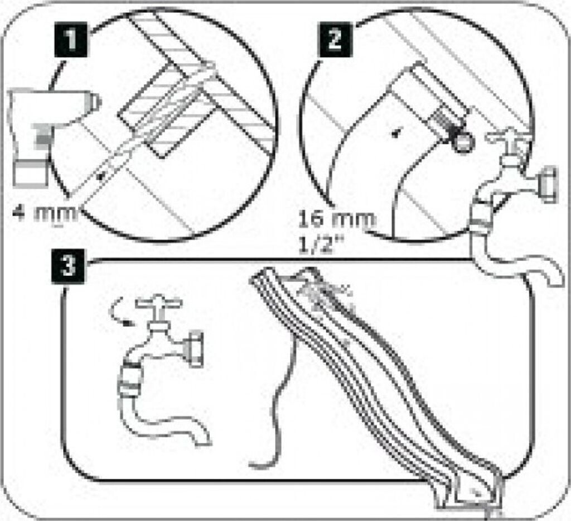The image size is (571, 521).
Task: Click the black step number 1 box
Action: tap(71, 39)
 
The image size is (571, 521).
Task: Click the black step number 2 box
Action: tap(335, 39)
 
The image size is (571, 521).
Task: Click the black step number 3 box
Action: tap(68, 266)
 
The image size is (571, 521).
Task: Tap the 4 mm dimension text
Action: tap(46, 213)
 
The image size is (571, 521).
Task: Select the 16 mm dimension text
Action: tap(336, 219)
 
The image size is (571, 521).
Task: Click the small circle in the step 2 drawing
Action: tap(463, 142)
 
